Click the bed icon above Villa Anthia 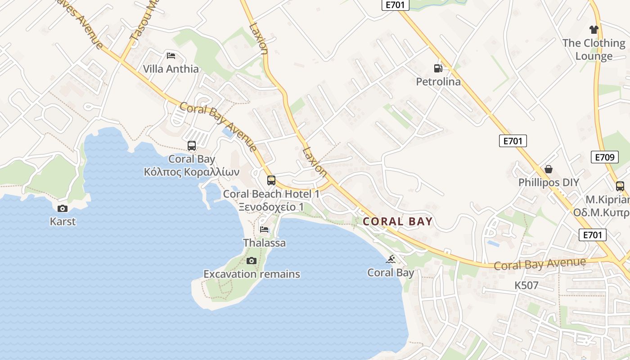tap(171, 56)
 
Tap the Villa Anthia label tap(171, 69)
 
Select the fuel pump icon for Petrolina tap(438, 68)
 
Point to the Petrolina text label tap(438, 81)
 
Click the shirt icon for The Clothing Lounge tap(594, 30)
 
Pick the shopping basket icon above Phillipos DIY tap(549, 169)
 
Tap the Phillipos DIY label tap(549, 183)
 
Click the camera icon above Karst tap(63, 208)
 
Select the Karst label tap(63, 221)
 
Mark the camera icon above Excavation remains tap(252, 261)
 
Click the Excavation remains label tap(252, 274)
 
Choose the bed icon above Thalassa tap(264, 229)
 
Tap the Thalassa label tap(264, 243)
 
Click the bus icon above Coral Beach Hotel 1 tap(271, 180)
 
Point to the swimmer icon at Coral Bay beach tap(391, 259)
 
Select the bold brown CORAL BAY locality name tap(397, 221)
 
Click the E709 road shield tap(604, 157)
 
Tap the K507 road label tap(526, 285)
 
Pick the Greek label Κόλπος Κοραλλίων tap(192, 172)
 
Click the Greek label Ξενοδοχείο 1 tap(271, 207)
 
